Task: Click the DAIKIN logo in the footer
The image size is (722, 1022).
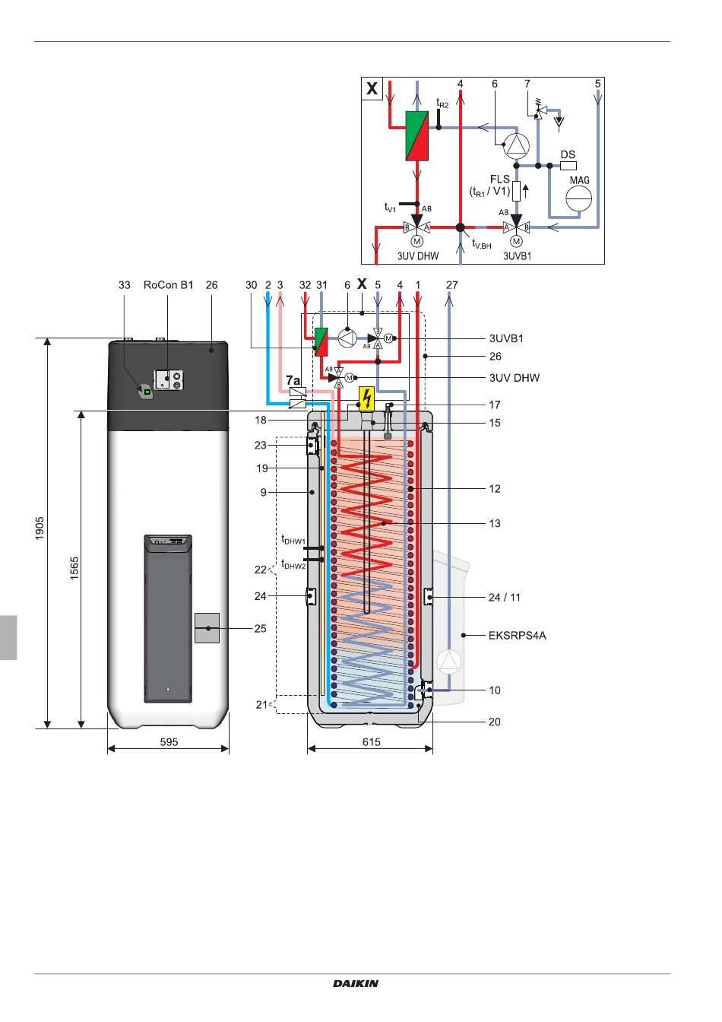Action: tap(355, 982)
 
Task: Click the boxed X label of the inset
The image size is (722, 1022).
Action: tap(372, 88)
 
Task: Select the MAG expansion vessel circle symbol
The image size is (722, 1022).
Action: tap(578, 198)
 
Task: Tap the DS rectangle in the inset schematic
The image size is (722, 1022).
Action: tap(568, 166)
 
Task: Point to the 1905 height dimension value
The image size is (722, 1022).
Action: tap(40, 528)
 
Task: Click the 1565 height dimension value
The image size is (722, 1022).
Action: tap(74, 568)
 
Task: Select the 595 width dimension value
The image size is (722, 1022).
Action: tap(169, 742)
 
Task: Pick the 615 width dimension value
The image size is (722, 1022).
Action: tap(372, 742)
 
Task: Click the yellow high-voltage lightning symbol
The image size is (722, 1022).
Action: tap(366, 398)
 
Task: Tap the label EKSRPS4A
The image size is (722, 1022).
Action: tap(518, 636)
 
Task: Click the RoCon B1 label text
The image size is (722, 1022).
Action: tap(168, 285)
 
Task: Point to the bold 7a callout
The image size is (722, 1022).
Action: tap(293, 380)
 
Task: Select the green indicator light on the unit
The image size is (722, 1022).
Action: tap(147, 392)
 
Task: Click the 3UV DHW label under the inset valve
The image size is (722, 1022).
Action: tap(418, 256)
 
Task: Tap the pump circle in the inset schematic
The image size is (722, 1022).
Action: tap(517, 145)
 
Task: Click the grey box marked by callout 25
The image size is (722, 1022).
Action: tap(207, 628)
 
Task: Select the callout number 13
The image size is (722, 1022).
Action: tap(495, 523)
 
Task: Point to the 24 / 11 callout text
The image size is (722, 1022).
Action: tap(505, 597)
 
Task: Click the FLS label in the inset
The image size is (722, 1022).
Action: tap(499, 179)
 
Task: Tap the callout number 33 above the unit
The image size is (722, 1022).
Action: tap(124, 285)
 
